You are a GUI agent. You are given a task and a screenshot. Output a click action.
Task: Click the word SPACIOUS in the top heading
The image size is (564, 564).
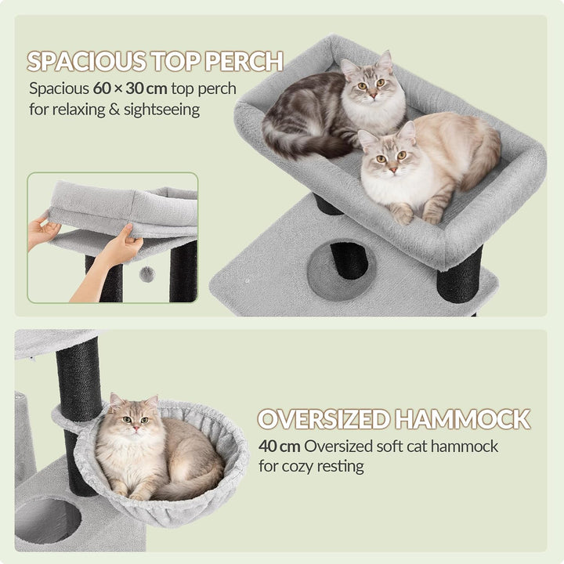point(87,61)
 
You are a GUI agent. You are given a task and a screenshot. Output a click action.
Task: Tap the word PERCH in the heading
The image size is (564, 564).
point(244,61)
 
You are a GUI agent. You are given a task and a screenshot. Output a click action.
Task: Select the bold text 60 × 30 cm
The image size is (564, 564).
point(130,89)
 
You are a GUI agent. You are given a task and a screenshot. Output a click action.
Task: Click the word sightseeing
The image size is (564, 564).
point(162,110)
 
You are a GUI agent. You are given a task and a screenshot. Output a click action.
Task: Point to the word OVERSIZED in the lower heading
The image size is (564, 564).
point(324,419)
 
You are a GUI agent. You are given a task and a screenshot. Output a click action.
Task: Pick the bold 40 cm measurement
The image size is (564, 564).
point(279,446)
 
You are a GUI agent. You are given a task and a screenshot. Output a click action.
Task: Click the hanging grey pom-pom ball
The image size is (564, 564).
point(146,274)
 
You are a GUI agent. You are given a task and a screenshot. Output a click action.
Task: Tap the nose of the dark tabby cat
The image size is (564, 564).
point(374,96)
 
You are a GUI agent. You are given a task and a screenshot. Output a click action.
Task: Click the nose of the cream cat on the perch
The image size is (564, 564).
point(392,169)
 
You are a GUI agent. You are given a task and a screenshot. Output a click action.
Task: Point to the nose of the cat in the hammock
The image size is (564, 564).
point(136,428)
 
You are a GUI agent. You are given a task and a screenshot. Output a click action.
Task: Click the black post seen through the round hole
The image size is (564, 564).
point(349,260)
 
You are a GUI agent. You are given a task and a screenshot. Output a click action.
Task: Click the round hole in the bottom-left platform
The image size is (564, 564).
point(48,520)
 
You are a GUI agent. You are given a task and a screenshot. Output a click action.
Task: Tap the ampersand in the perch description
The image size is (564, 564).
point(114,110)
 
